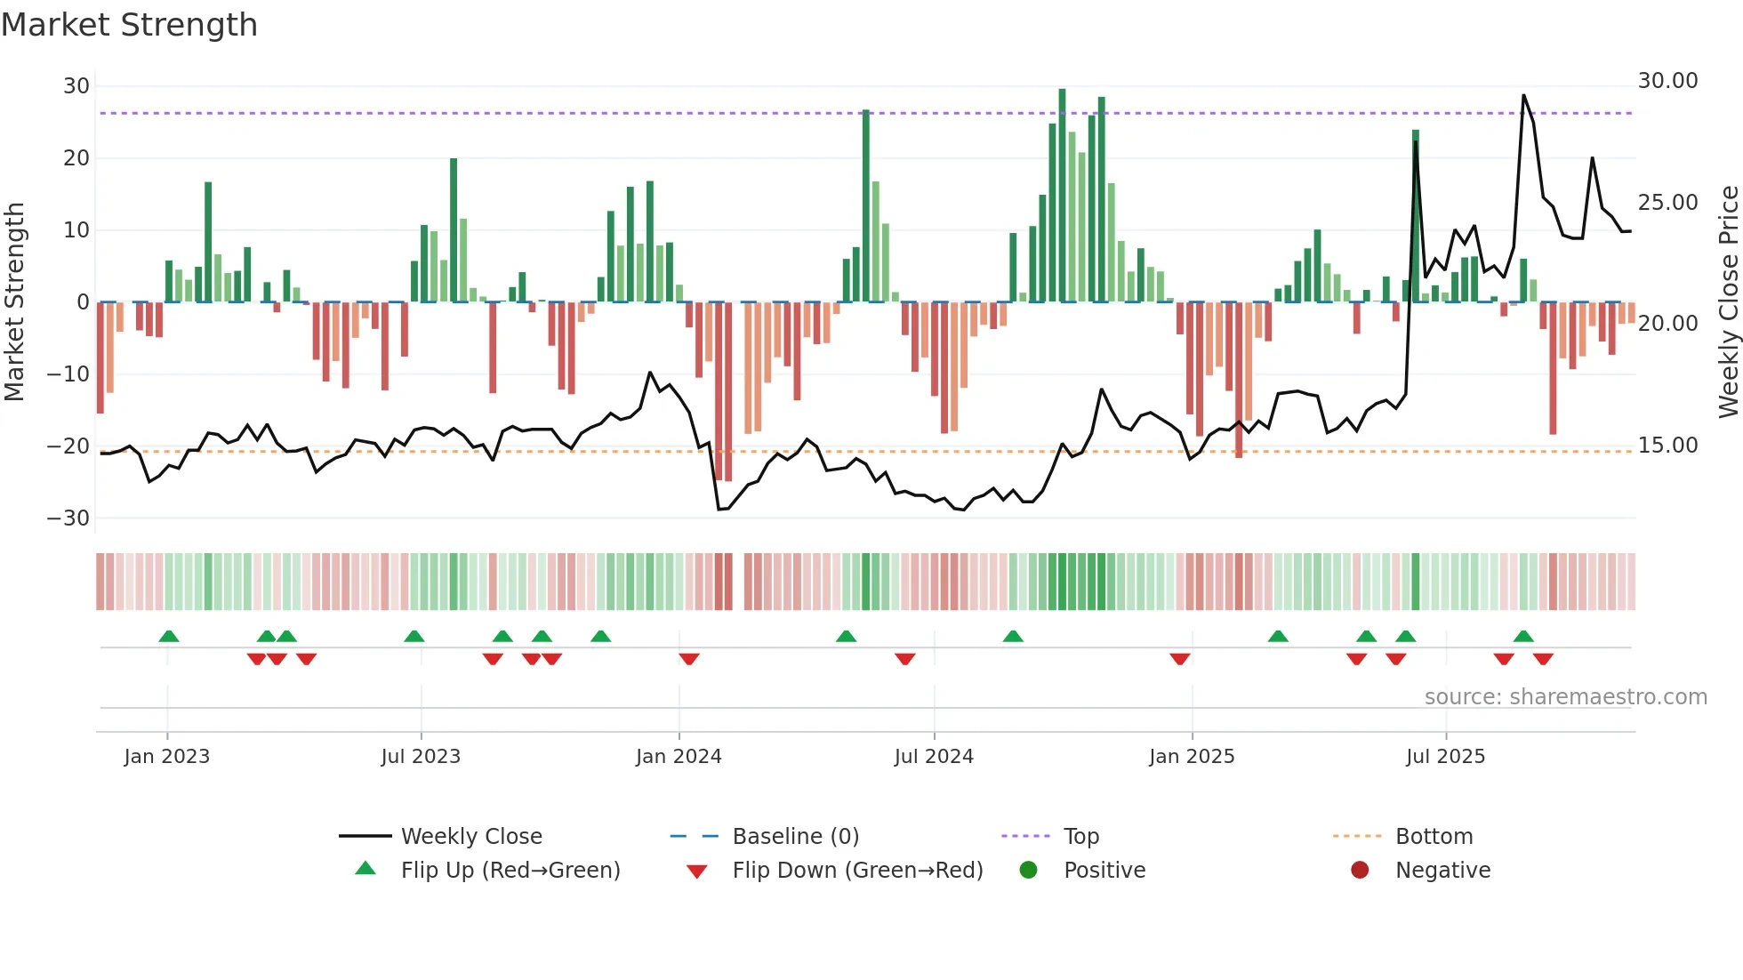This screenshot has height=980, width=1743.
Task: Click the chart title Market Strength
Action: click(129, 25)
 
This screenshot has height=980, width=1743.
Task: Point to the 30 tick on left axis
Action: click(76, 86)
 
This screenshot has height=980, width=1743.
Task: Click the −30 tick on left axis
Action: click(68, 518)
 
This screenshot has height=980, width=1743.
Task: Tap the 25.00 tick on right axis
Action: click(1667, 203)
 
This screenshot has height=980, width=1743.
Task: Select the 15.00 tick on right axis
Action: click(1667, 446)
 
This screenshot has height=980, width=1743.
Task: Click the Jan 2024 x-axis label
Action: click(679, 757)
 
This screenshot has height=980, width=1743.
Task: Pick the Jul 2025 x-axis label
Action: click(1445, 757)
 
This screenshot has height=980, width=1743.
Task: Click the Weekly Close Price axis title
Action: click(1728, 302)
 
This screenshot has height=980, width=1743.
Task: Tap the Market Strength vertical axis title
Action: click(14, 302)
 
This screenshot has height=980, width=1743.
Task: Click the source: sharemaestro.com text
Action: click(1565, 697)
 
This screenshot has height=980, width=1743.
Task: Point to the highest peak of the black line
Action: click(1523, 96)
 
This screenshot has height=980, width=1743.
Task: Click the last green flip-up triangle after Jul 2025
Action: click(1523, 637)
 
